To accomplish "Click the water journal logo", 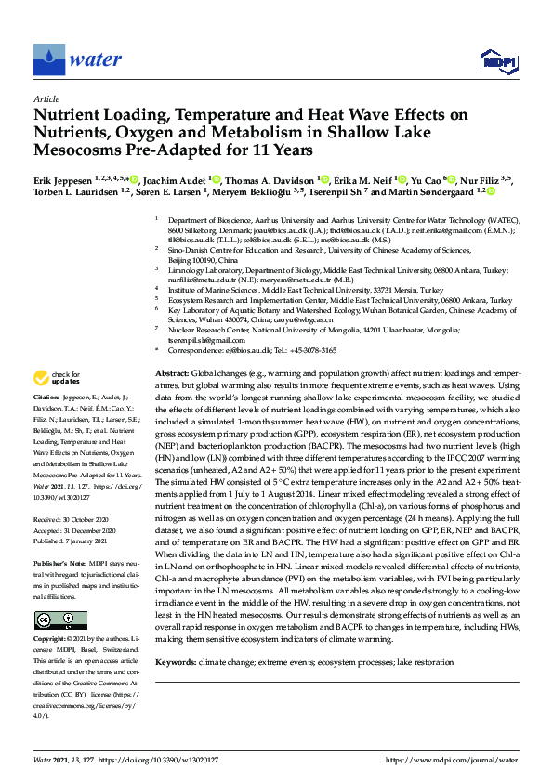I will coord(78,60).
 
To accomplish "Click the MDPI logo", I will coord(499,61).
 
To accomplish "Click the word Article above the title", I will coord(46,98).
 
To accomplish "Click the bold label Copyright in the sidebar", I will coord(51,614).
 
